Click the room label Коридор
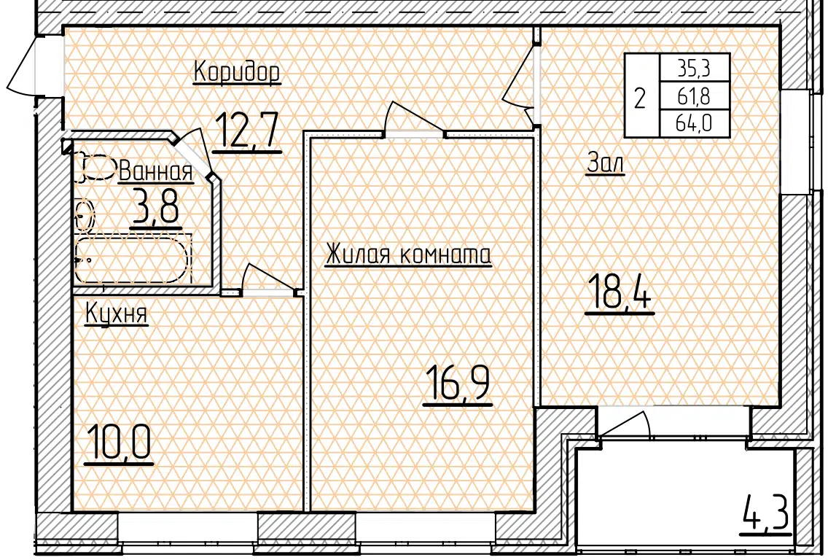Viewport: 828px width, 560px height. (237, 73)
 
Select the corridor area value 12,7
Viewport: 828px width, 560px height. (246, 131)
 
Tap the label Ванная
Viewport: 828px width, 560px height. (156, 171)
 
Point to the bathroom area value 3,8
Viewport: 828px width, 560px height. (155, 208)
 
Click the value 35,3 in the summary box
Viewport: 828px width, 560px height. (695, 68)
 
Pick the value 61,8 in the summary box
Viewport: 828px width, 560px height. (695, 96)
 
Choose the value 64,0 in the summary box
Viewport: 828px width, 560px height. (695, 124)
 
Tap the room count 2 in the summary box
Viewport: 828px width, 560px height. (640, 98)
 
